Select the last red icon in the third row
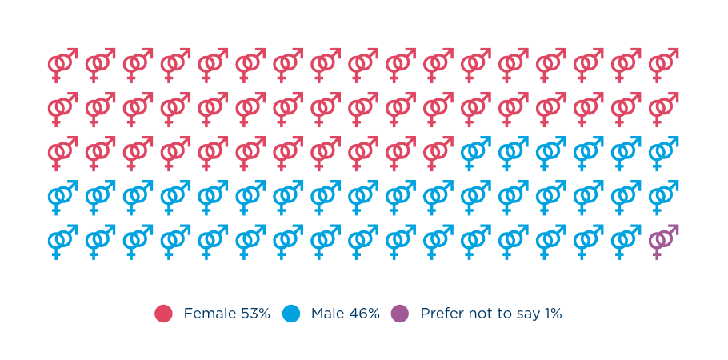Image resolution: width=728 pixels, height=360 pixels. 440,150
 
